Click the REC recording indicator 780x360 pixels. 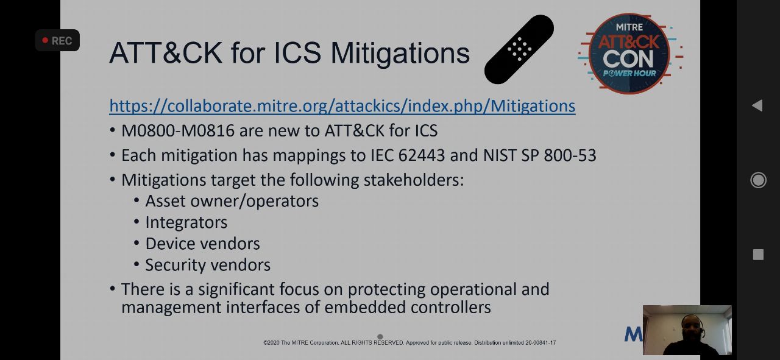point(57,40)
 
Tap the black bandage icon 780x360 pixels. point(519,49)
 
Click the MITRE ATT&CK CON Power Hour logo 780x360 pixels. point(629,54)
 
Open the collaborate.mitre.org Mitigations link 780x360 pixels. point(342,106)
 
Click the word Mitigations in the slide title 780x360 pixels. point(400,53)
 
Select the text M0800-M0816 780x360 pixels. point(177,131)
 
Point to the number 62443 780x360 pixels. point(421,155)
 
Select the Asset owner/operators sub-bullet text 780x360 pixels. point(232,201)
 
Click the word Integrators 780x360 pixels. point(186,222)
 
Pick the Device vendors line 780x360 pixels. point(203,244)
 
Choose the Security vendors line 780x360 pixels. point(208,265)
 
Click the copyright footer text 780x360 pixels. point(409,342)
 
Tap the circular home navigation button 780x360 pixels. point(758,180)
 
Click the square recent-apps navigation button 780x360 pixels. point(758,255)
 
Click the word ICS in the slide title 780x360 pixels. point(298,53)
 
